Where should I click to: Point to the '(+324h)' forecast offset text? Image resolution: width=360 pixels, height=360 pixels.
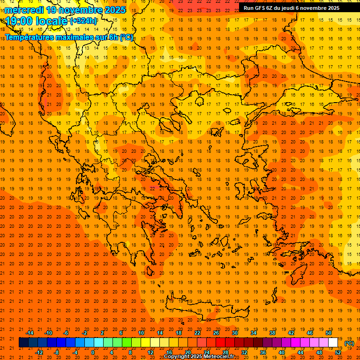tap(83, 21)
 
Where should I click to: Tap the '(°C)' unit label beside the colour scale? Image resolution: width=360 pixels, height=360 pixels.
tap(349, 343)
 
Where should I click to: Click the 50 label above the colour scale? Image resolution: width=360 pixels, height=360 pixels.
tap(329, 333)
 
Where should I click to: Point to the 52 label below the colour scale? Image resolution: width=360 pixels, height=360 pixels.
tap(338, 352)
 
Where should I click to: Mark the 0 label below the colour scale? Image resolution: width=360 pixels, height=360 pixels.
tap(93, 352)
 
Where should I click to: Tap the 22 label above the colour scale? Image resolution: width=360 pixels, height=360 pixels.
tap(197, 333)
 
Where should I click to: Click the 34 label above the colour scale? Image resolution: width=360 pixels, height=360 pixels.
tap(254, 333)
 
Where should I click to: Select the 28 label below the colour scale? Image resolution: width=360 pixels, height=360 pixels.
tap(225, 352)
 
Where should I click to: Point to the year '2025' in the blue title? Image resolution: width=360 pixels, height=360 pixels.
tap(115, 10)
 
